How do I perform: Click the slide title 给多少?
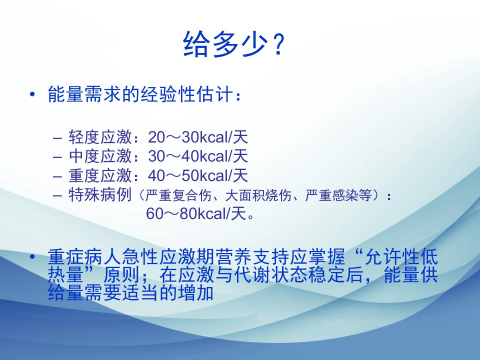[234, 44]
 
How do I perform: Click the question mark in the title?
[278, 44]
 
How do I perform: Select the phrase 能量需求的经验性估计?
[140, 93]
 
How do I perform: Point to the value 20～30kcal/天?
[198, 137]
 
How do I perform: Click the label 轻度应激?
[100, 137]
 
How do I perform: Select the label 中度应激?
[100, 156]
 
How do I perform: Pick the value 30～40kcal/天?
[198, 156]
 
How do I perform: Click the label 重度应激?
[100, 175]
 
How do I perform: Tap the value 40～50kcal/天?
[198, 175]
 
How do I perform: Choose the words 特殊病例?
[100, 194]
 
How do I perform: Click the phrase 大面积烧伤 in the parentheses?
[258, 195]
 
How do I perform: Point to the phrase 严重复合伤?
[178, 195]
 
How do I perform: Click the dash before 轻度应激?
[57, 138]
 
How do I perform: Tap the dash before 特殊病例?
[57, 196]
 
